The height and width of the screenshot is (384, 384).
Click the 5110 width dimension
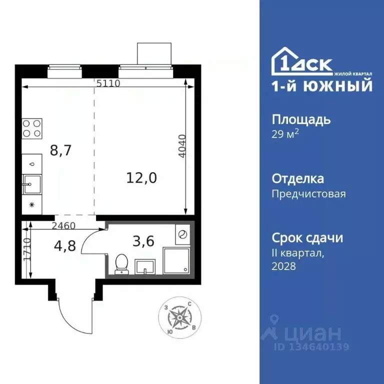pyautogui.click(x=108, y=83)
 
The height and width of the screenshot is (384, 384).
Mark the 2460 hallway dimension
pyautogui.click(x=63, y=225)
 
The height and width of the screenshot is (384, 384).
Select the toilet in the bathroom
pyautogui.click(x=121, y=263)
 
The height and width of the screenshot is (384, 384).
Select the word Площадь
pyautogui.click(x=301, y=120)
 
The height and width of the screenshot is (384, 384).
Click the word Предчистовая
pyautogui.click(x=308, y=193)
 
